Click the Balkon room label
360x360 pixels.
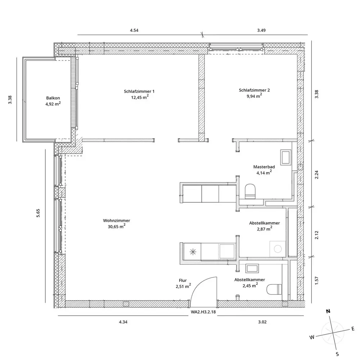click(51, 98)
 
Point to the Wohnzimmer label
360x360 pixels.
click(116, 220)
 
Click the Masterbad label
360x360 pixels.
click(264, 167)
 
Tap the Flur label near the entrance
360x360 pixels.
click(183, 280)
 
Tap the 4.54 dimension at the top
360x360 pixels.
click(134, 30)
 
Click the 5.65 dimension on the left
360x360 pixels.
click(38, 213)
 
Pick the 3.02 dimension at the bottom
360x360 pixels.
click(262, 321)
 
